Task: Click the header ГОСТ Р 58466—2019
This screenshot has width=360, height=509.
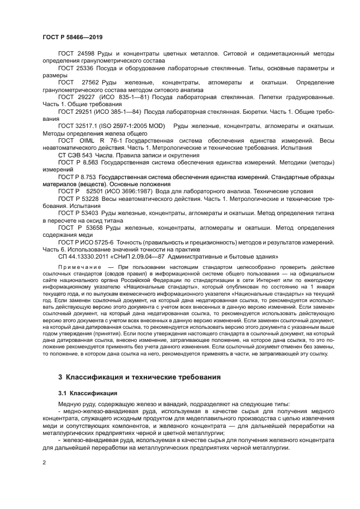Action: (72, 37)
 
